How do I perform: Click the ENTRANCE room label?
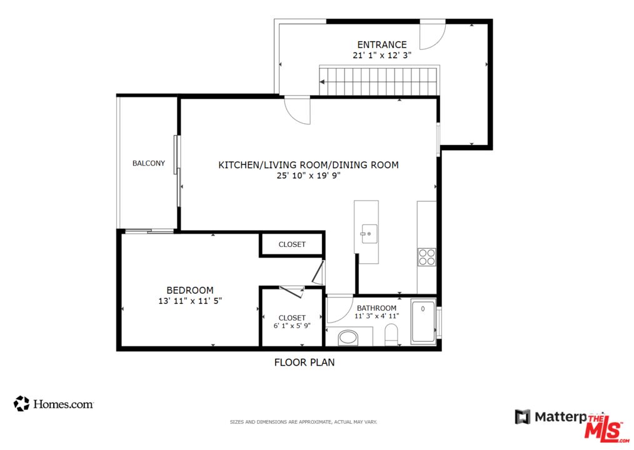(x=381, y=44)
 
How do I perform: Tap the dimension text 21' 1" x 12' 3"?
(x=381, y=55)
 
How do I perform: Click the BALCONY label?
(x=149, y=163)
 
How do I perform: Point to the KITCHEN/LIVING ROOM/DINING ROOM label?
(x=308, y=165)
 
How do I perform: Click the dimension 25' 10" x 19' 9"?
(x=308, y=176)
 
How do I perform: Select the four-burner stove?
(x=426, y=257)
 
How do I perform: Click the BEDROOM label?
(x=190, y=290)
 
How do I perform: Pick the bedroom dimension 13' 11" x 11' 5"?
(x=190, y=301)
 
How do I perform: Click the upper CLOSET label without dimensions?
(x=292, y=244)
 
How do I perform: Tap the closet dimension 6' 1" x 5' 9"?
(x=292, y=326)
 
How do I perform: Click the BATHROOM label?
(x=376, y=308)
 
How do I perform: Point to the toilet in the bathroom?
(x=391, y=334)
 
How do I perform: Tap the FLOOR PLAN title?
(x=304, y=362)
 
